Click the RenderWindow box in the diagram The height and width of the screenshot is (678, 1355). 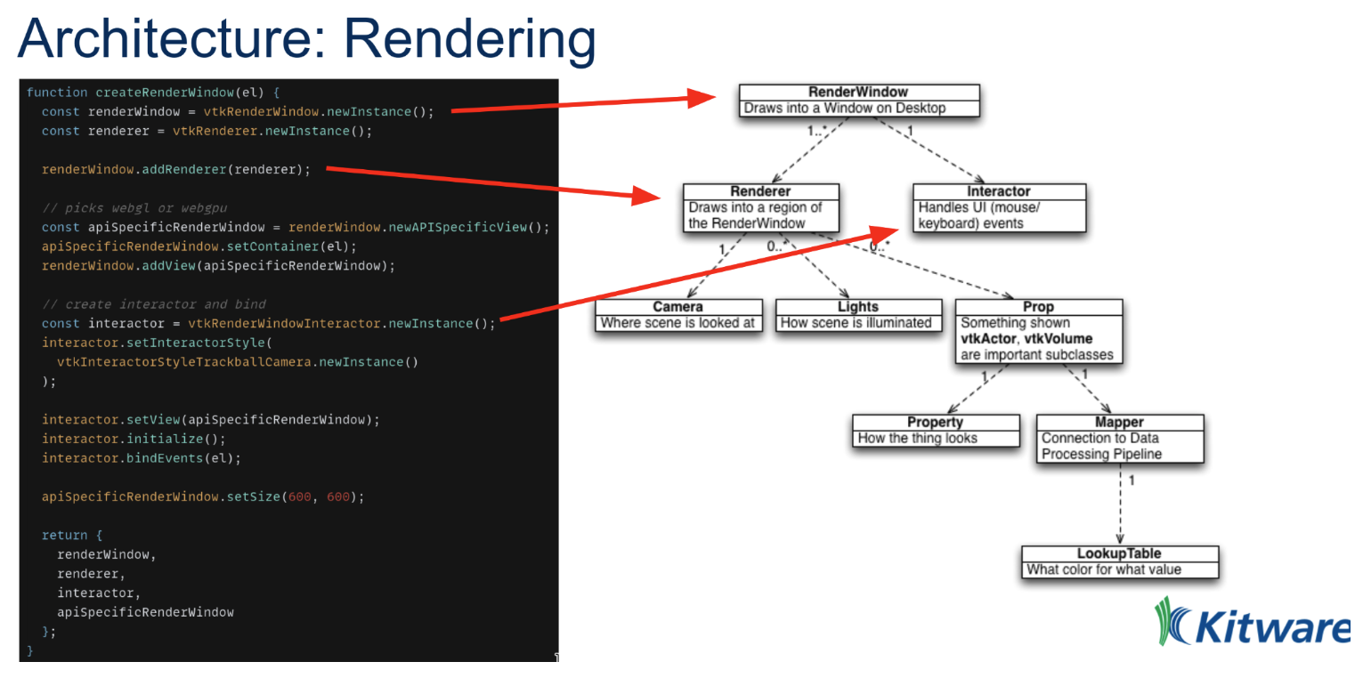858,101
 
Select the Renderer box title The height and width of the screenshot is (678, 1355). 760,191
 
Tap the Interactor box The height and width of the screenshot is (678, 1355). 998,207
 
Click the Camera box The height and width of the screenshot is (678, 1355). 678,315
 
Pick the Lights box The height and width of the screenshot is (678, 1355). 857,315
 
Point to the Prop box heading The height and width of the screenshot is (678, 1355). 1038,307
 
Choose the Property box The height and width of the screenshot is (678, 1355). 935,430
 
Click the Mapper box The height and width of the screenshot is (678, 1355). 1119,438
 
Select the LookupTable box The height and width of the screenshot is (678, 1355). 1119,561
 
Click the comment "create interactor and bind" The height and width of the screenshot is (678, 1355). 153,304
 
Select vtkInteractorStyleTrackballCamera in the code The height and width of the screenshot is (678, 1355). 183,362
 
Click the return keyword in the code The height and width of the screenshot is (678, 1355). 63,535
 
